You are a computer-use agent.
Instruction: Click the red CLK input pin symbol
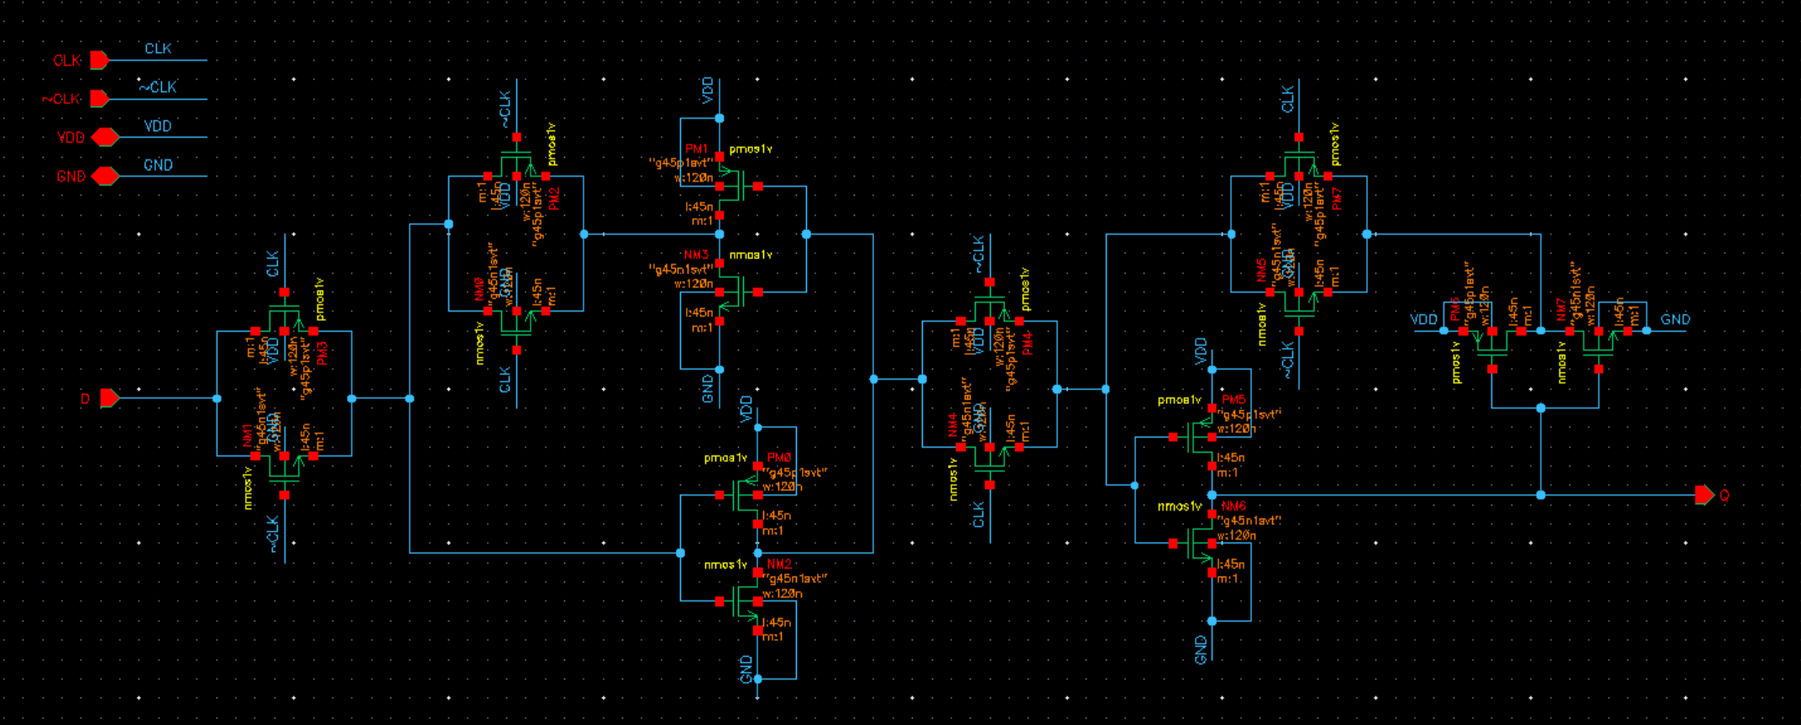[x=99, y=60]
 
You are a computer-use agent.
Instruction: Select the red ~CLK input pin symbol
[x=99, y=99]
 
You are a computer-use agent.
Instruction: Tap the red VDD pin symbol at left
[x=105, y=137]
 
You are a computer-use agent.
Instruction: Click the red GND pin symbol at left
[x=105, y=176]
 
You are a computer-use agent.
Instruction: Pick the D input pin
[x=109, y=398]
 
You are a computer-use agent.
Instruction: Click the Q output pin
[x=1704, y=495]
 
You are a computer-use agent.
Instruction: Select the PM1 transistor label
[x=696, y=150]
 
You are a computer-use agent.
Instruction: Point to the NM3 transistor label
[x=696, y=255]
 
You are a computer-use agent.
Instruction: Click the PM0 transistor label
[x=778, y=458]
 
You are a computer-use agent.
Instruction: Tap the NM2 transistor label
[x=778, y=564]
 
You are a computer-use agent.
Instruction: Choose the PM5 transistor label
[x=1233, y=400]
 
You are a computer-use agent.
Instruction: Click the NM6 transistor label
[x=1233, y=507]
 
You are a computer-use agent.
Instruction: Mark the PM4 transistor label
[x=1027, y=342]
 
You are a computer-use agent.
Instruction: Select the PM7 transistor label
[x=1337, y=198]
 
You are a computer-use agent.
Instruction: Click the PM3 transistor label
[x=322, y=352]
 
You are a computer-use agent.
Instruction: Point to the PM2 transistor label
[x=553, y=198]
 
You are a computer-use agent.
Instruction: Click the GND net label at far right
[x=1675, y=319]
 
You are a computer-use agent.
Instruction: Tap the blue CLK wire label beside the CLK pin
[x=158, y=49]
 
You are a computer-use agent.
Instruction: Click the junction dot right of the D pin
[x=217, y=398]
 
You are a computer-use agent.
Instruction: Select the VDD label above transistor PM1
[x=707, y=90]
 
